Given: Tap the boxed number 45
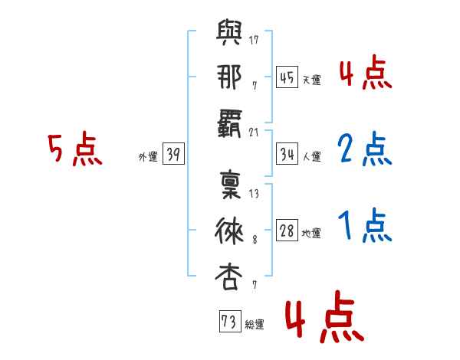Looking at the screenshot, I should click(x=287, y=77).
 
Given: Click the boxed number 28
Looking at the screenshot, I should click(x=287, y=231).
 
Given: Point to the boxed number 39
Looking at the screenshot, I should click(x=173, y=155).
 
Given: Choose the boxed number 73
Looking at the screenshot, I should click(x=229, y=322).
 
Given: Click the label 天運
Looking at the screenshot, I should click(x=312, y=80).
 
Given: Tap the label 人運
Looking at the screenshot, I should click(x=312, y=157).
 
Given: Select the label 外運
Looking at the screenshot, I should click(x=148, y=157).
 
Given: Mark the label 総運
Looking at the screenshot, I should click(x=255, y=325).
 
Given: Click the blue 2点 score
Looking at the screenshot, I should click(x=364, y=149).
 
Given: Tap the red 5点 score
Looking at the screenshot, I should click(x=74, y=149).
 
